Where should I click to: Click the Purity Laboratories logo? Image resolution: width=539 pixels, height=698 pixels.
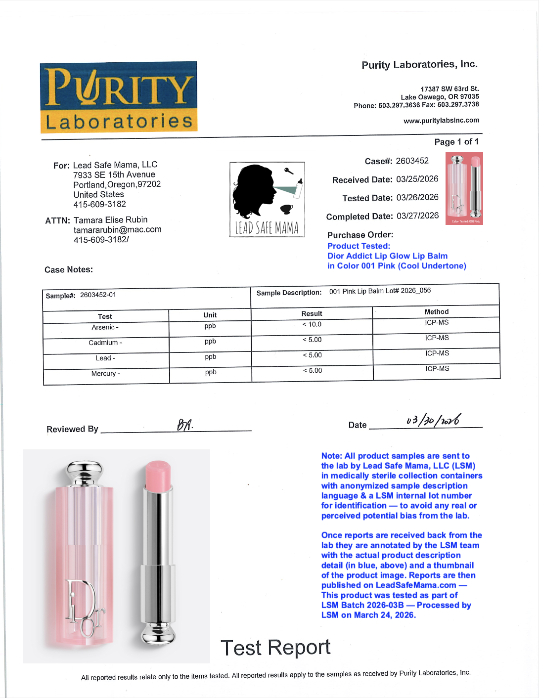tap(119, 97)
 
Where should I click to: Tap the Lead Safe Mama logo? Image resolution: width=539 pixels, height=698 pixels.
tap(267, 199)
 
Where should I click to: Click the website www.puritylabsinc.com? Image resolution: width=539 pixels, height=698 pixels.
tap(441, 120)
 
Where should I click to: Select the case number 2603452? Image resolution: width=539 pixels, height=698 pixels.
tap(412, 161)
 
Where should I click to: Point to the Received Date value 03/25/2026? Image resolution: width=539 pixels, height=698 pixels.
tap(417, 179)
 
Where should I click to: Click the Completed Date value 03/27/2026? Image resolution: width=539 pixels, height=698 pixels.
tap(417, 216)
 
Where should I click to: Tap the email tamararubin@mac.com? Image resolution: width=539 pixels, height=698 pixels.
tap(117, 229)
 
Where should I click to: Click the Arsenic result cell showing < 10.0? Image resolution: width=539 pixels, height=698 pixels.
tap(312, 324)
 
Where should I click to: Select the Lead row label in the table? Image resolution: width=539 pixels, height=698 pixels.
tap(105, 358)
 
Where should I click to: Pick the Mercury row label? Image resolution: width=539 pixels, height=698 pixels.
tap(105, 373)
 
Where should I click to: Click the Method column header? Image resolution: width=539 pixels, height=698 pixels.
tap(437, 312)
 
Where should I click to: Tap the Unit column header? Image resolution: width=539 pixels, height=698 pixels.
tap(210, 315)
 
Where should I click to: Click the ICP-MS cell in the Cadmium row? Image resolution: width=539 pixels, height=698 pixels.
tap(437, 338)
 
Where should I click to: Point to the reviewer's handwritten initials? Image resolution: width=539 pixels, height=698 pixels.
tap(184, 425)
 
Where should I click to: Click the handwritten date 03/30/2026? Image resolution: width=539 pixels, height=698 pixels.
tap(434, 420)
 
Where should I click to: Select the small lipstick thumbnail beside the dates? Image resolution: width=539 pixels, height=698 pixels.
tap(464, 188)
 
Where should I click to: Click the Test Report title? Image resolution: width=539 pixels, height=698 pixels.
tap(275, 648)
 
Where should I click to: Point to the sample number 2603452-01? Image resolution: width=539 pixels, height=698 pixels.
tap(98, 295)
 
